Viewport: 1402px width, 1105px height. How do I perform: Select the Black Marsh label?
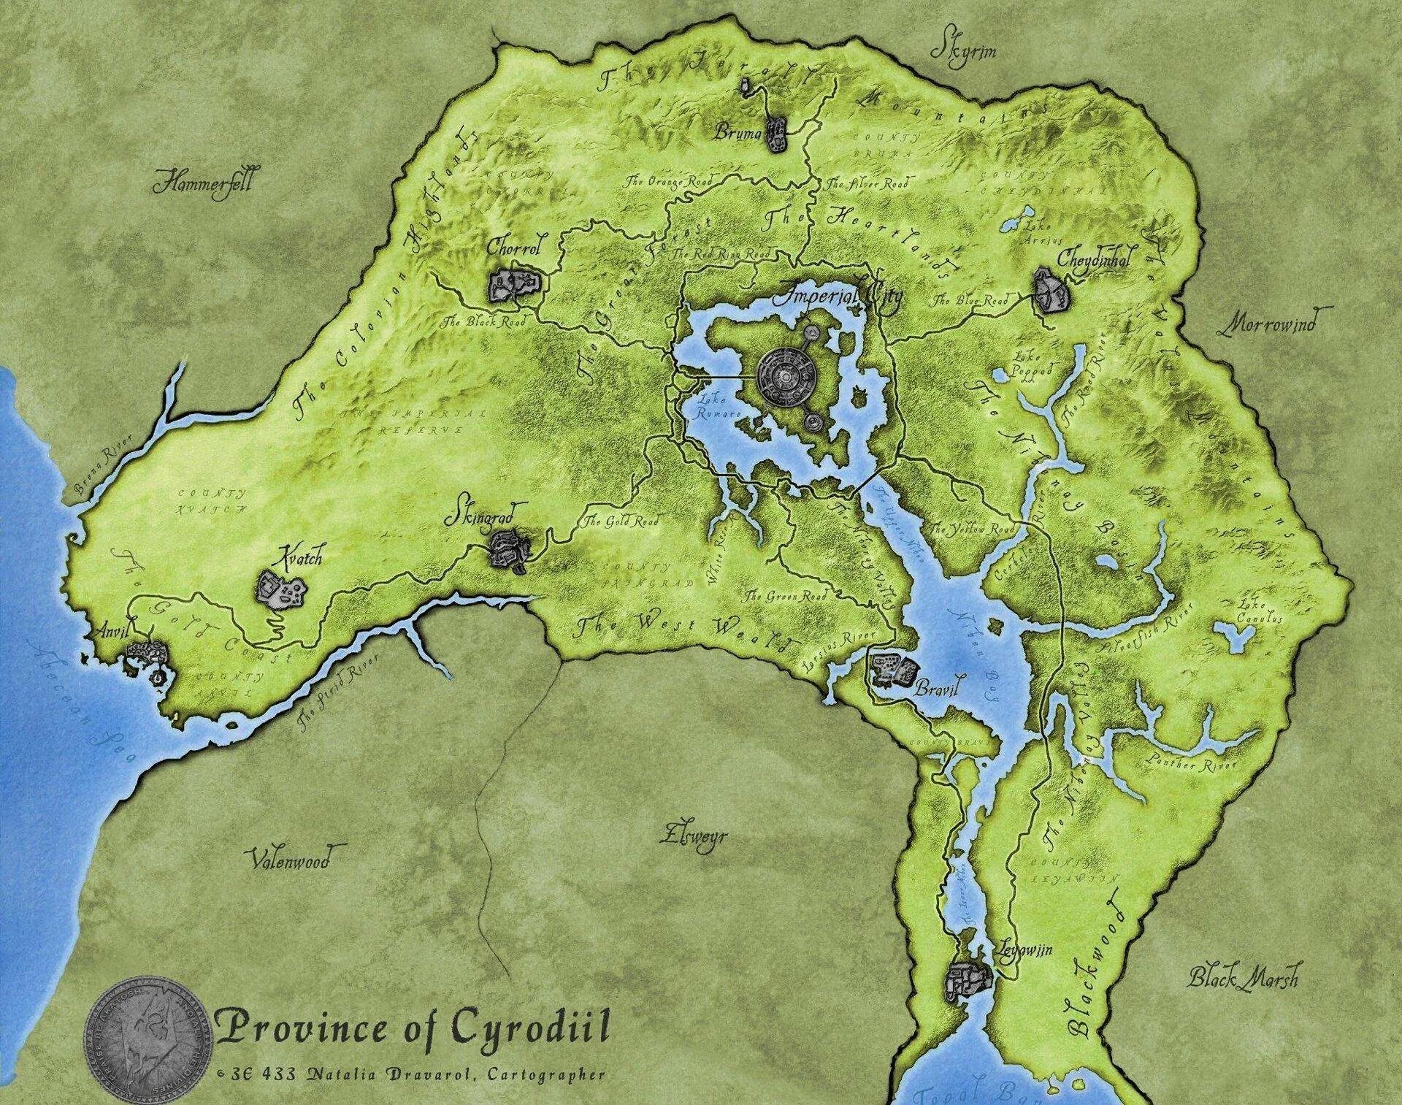[1243, 977]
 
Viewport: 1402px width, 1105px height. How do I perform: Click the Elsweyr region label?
[693, 835]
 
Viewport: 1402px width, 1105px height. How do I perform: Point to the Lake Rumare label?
[719, 406]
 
